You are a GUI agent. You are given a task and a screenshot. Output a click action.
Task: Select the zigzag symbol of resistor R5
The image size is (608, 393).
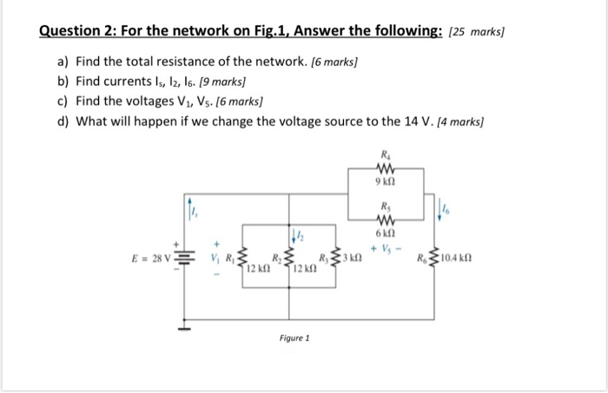pyautogui.click(x=387, y=218)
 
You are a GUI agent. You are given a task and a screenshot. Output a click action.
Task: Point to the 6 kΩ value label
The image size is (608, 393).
pyautogui.click(x=387, y=233)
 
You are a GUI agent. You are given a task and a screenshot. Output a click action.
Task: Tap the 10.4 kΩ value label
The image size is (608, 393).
pyautogui.click(x=457, y=259)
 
